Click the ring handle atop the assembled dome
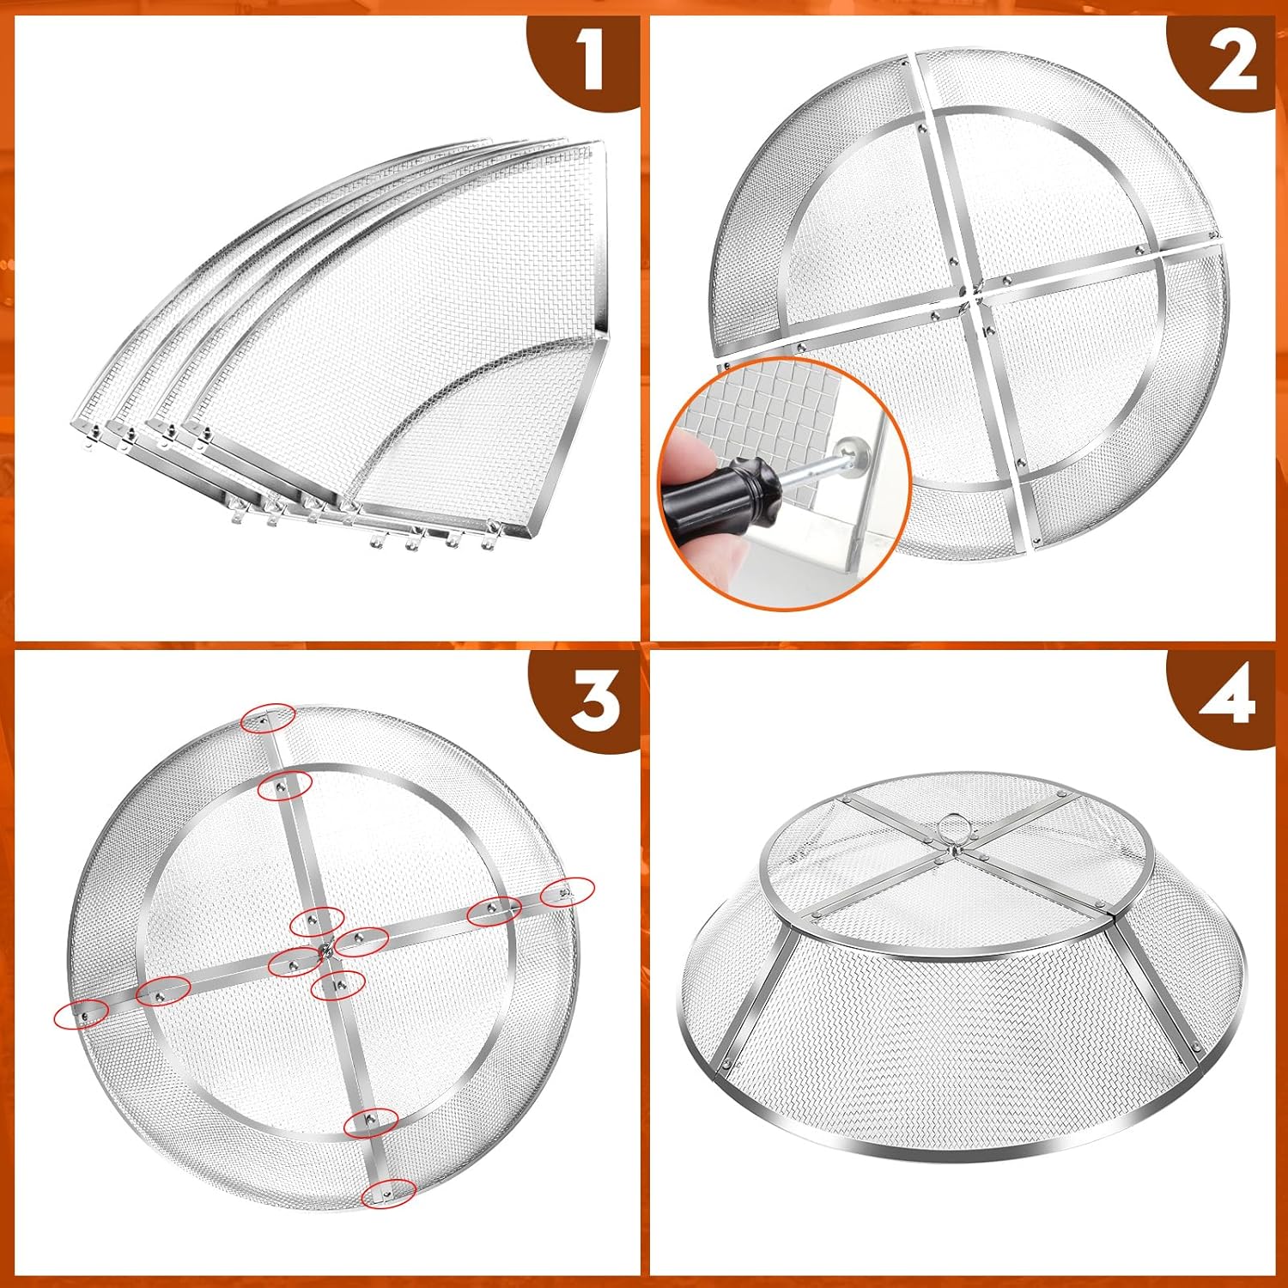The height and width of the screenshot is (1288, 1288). pos(952,829)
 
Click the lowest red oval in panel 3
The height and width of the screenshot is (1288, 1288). pos(389,1193)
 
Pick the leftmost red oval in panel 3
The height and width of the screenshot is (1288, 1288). pos(82,1014)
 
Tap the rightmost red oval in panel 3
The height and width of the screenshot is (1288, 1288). pos(567,891)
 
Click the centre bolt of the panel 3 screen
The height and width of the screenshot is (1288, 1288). pos(326,948)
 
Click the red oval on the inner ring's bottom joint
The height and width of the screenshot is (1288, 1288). pos(371,1121)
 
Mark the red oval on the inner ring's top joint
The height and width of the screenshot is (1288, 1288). pos(284,784)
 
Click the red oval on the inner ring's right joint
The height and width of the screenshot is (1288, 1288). pos(494,909)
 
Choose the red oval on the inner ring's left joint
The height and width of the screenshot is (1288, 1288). pos(163,992)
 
